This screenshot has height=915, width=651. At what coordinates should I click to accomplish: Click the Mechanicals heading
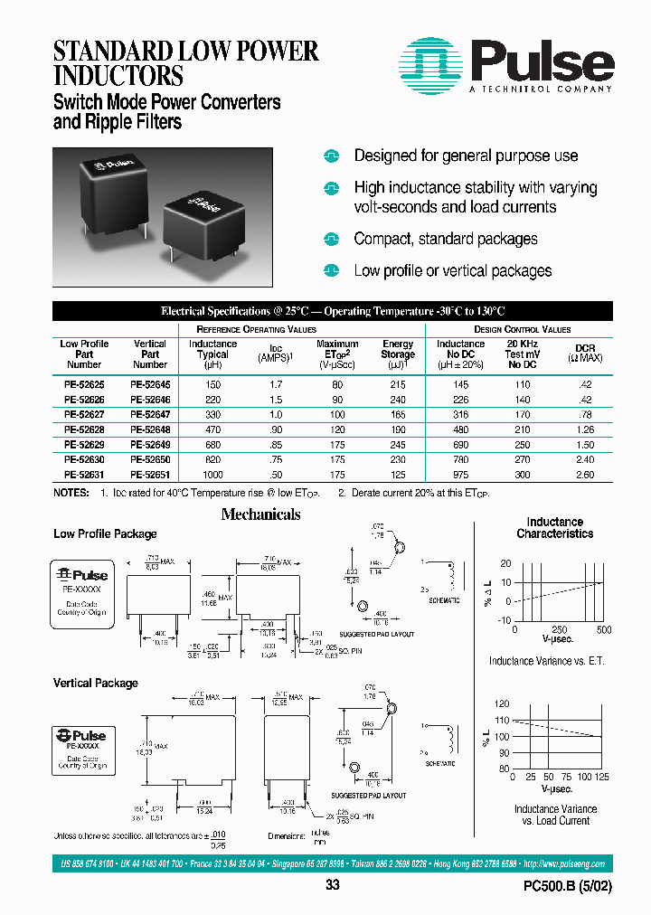point(260,514)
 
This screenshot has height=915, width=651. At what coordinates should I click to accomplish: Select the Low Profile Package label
point(105,534)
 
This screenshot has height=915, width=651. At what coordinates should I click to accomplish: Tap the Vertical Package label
point(96,684)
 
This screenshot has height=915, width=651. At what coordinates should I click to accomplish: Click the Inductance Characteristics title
point(554,528)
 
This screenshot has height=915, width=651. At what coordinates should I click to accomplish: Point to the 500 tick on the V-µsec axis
point(604,629)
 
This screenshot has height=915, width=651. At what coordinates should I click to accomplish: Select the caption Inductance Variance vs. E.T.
point(546,661)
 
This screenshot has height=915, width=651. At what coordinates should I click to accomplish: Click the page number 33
point(333,886)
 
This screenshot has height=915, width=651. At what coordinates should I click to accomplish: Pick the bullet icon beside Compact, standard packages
point(332,239)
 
